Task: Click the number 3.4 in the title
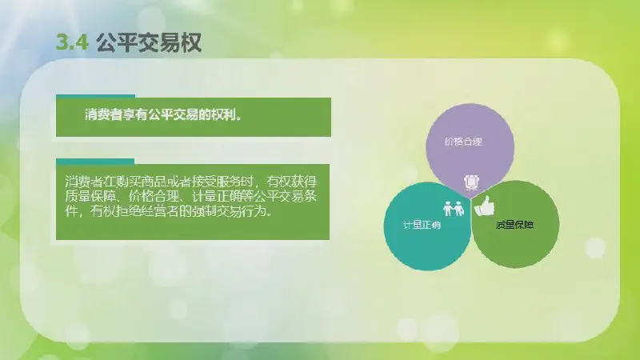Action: point(72,42)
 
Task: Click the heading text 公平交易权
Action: point(149,42)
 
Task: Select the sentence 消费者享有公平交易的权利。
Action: point(163,114)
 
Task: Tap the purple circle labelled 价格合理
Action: point(470,148)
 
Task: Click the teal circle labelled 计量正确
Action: point(426,226)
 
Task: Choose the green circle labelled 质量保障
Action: point(515,225)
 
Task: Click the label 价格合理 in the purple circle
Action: point(463,142)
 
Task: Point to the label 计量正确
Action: point(422,225)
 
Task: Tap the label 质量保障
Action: point(514,225)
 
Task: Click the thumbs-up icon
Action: point(485,206)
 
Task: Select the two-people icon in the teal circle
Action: point(454,208)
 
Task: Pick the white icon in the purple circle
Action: point(471,182)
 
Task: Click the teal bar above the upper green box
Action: point(95,96)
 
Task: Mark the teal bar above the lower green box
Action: point(95,162)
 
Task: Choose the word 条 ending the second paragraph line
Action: point(311,196)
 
